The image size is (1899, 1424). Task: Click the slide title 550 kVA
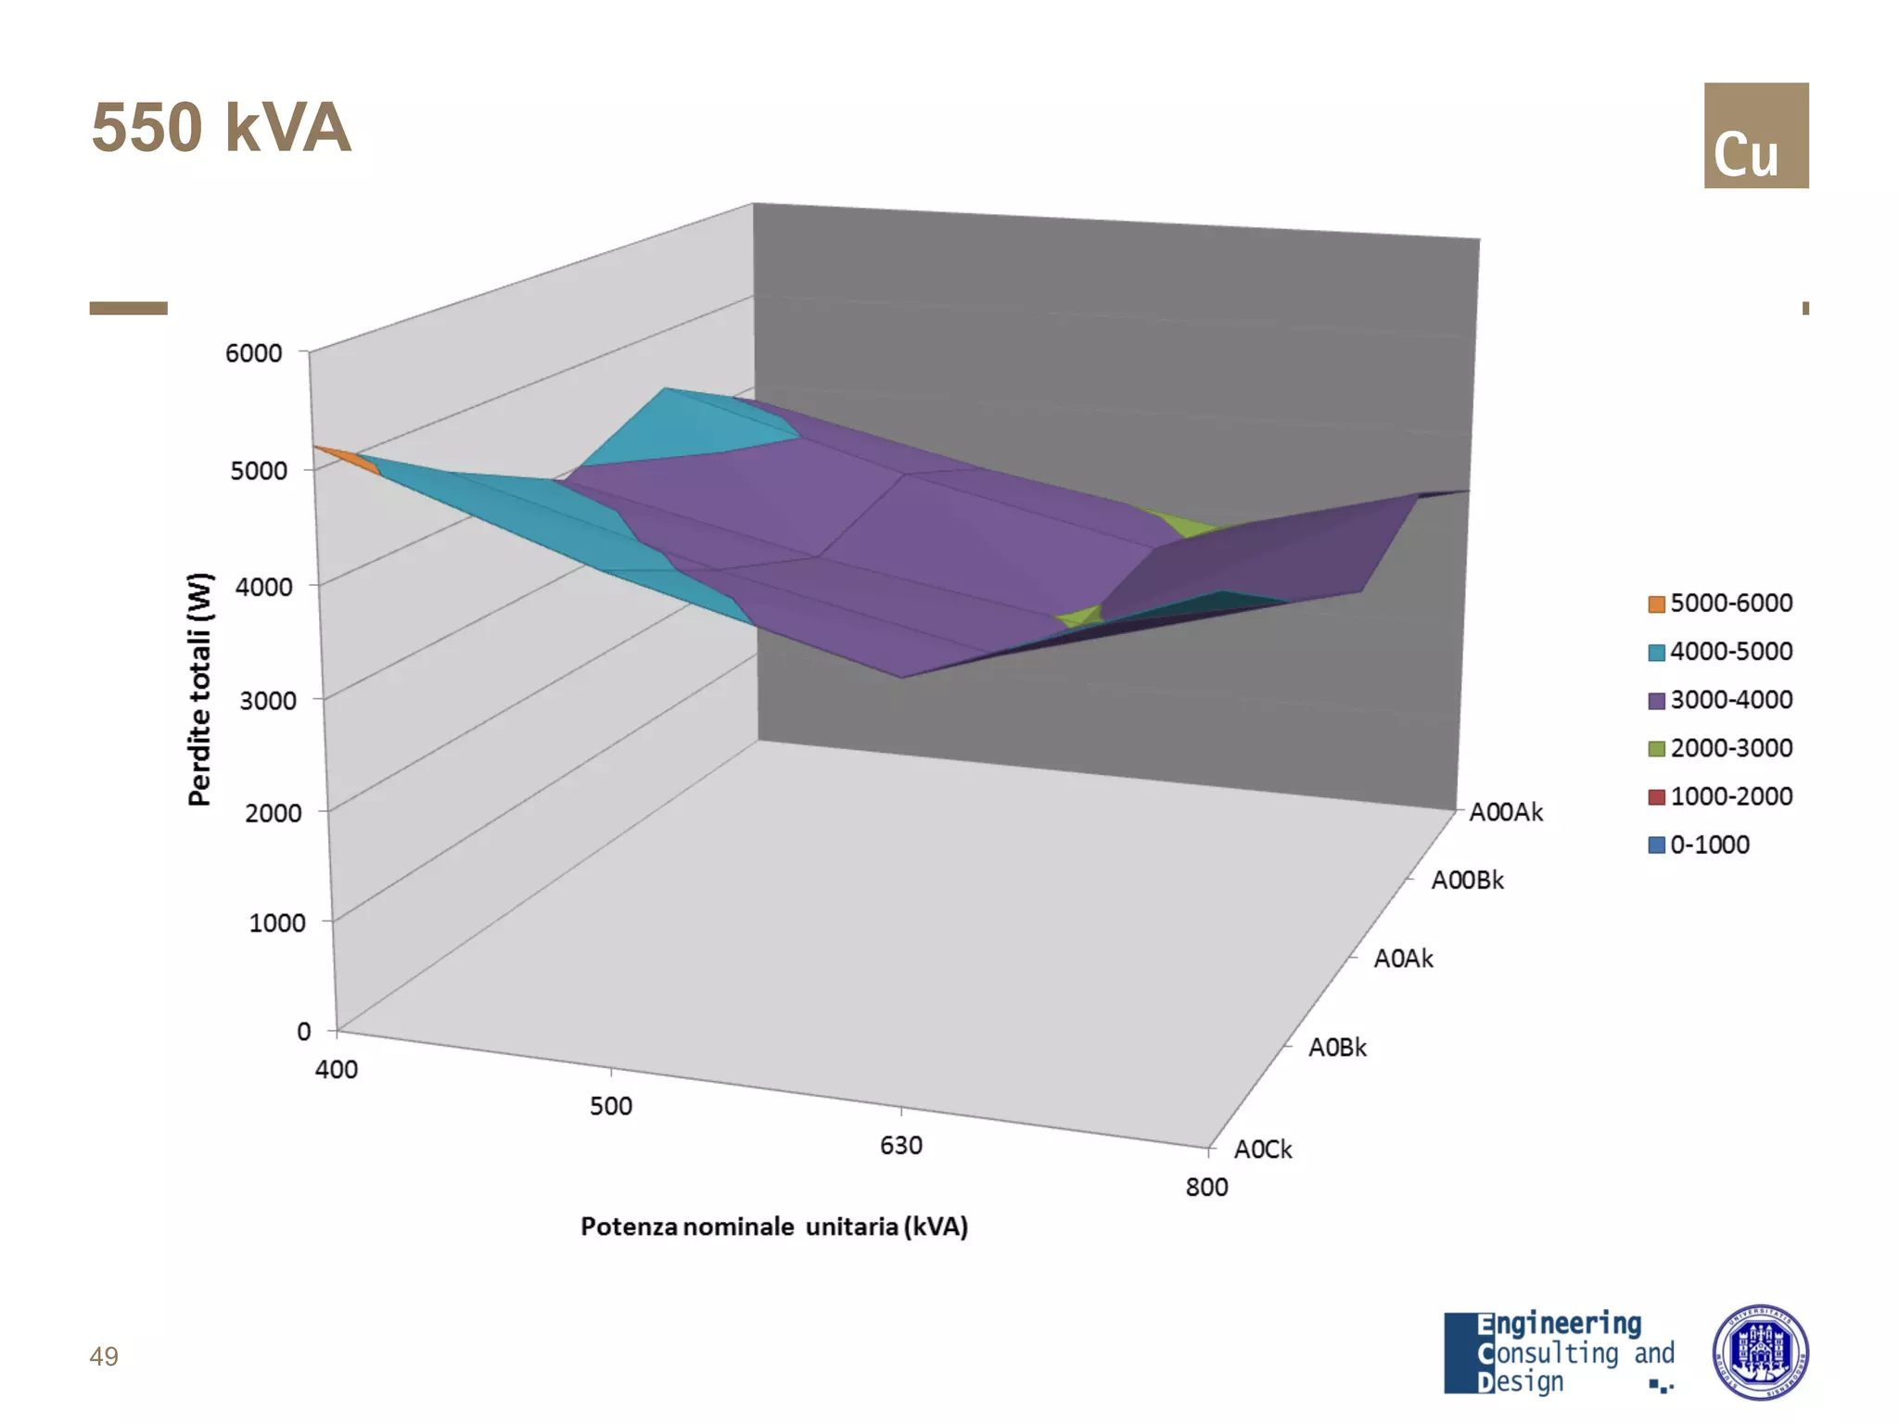(221, 128)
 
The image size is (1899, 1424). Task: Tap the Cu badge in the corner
(1755, 135)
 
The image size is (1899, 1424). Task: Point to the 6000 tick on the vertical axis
(253, 353)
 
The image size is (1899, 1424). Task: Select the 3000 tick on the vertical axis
(267, 701)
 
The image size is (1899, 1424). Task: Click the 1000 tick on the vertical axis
(276, 923)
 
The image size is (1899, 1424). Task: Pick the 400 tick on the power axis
(336, 1070)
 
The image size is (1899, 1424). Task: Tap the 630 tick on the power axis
(900, 1146)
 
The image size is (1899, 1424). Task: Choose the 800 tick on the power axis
(1206, 1188)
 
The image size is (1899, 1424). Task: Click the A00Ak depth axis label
(1506, 813)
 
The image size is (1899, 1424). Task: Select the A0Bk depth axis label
(1337, 1048)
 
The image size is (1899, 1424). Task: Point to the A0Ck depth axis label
(1262, 1150)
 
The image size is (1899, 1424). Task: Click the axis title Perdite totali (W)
(200, 690)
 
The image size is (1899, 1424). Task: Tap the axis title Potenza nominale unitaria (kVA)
(774, 1227)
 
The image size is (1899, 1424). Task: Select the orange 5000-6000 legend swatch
(1656, 604)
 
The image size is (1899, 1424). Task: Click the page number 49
(104, 1357)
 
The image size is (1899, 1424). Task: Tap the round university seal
(1760, 1352)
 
